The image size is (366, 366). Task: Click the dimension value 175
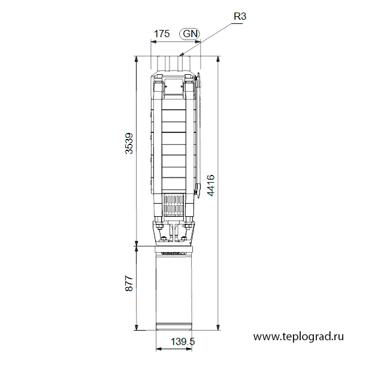point(162,34)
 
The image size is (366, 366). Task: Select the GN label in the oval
point(190,34)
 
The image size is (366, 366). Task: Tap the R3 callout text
point(240,17)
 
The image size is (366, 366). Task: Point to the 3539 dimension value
point(129,143)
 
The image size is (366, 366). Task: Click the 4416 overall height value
point(211,185)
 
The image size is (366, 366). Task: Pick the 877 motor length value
point(129,283)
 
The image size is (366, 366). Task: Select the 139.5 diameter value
point(183,342)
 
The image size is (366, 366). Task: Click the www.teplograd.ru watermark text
point(298,337)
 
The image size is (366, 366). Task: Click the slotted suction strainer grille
point(174,205)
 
